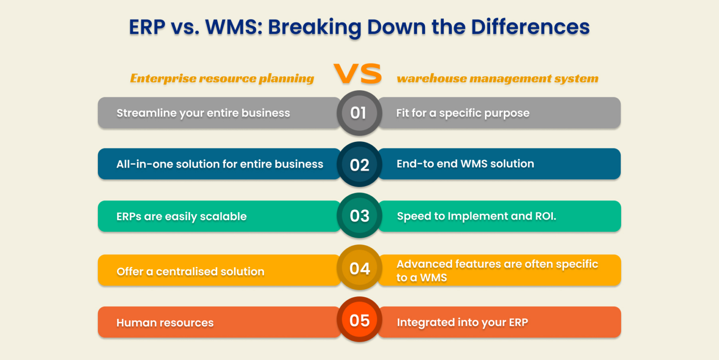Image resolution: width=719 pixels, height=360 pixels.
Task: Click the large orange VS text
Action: click(x=358, y=74)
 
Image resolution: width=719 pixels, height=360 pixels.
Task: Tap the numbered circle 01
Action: click(x=359, y=113)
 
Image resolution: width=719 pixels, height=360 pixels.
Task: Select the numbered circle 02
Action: click(x=359, y=165)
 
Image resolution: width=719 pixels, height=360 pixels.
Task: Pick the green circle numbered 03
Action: click(x=359, y=216)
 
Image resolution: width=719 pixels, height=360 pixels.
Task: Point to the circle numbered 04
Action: click(x=359, y=268)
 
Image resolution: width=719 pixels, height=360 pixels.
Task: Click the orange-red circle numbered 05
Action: click(x=359, y=320)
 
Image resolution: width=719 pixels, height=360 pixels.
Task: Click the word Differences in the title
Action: click(x=530, y=27)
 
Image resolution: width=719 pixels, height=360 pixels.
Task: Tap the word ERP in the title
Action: click(x=147, y=27)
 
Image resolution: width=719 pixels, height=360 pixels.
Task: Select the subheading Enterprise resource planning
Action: click(x=222, y=78)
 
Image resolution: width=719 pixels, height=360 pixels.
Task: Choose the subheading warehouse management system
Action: click(x=498, y=78)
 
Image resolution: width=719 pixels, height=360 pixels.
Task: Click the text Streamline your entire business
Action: click(x=203, y=113)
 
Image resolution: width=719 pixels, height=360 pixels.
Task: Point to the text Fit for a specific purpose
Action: click(x=462, y=113)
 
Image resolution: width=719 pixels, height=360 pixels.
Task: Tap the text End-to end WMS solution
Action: click(x=465, y=164)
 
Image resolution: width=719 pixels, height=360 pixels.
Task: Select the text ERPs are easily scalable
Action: click(x=181, y=216)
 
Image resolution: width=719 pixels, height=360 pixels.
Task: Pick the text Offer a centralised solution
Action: click(x=190, y=272)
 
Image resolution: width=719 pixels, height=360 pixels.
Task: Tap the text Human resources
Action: click(x=165, y=323)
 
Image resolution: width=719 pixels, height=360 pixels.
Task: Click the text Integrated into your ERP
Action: click(x=462, y=323)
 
